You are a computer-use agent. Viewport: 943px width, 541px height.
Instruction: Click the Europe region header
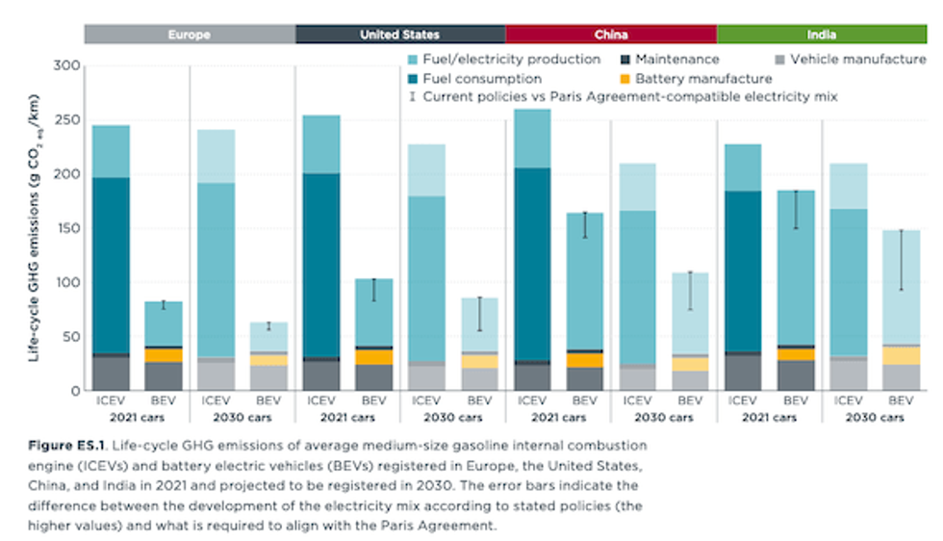coord(189,35)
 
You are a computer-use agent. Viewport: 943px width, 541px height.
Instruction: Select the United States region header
coord(399,35)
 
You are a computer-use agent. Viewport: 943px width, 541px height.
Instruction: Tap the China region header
coord(610,35)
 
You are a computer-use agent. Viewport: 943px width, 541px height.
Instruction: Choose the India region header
coord(821,35)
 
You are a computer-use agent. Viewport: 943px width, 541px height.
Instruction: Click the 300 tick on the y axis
coord(64,66)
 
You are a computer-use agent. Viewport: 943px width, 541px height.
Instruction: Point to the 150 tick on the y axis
coord(64,229)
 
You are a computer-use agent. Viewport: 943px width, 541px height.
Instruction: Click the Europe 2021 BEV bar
coord(164,347)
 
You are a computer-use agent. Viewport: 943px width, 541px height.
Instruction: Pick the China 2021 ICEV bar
coord(532,250)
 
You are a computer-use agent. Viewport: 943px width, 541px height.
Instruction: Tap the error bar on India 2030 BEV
coord(901,260)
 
